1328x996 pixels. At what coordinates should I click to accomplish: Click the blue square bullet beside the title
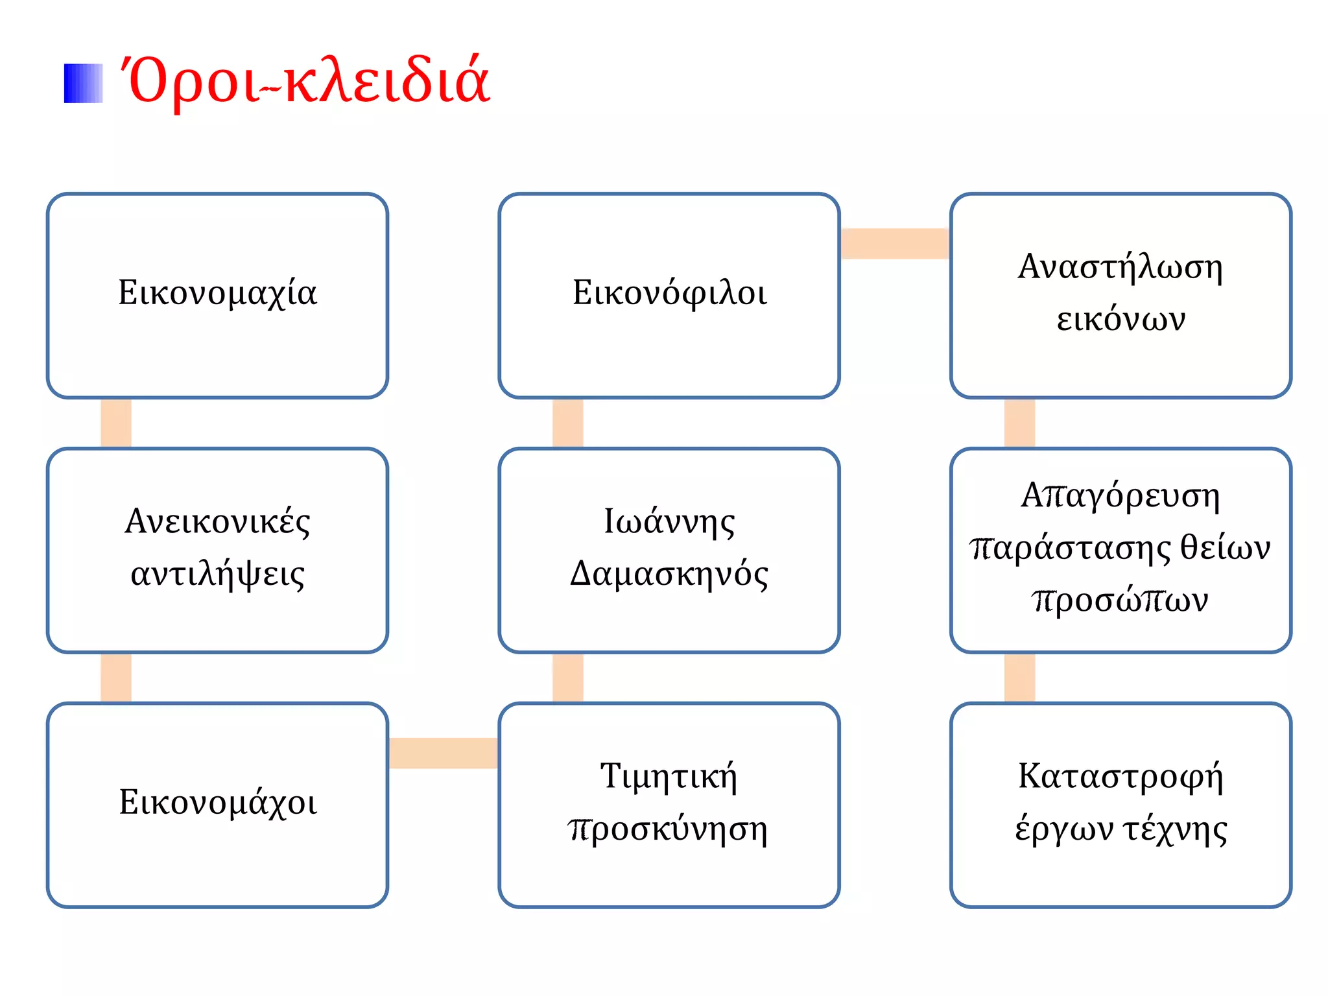tap(83, 83)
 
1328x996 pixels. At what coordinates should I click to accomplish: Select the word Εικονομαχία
tap(217, 293)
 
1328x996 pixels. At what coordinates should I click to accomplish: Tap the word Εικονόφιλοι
tap(669, 293)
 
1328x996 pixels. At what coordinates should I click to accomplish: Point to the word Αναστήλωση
tap(1120, 267)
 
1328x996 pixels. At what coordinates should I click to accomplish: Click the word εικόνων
tap(1120, 319)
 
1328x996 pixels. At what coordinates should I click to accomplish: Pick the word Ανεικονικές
tap(217, 522)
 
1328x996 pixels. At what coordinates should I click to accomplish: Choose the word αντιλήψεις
tap(217, 575)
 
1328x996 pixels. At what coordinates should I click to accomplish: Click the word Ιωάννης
tap(669, 522)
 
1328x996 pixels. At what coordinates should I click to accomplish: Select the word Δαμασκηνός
tap(669, 575)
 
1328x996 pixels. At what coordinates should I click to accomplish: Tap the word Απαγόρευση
tap(1120, 496)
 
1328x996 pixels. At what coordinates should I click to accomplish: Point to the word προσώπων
tap(1120, 600)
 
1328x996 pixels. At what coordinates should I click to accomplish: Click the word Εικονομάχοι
tap(218, 803)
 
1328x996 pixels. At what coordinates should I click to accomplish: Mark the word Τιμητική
tap(669, 777)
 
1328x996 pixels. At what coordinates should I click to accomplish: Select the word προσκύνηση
tap(668, 829)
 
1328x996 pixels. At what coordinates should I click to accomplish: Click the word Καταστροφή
tap(1120, 777)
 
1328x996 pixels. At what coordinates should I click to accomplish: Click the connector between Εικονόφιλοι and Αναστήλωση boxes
tap(895, 244)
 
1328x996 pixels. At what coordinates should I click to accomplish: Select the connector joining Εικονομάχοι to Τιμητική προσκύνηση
tap(444, 753)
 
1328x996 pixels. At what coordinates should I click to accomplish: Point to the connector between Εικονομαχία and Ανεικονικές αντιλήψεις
tap(116, 423)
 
